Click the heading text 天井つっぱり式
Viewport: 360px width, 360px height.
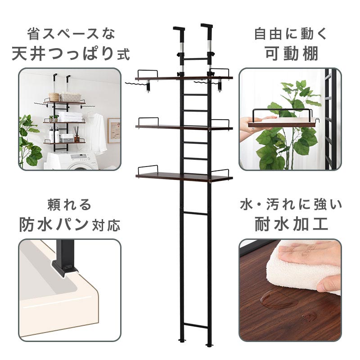[71, 54]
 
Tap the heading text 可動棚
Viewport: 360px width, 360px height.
[291, 54]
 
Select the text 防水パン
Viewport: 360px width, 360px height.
[54, 224]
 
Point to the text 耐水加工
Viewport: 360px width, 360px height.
[291, 224]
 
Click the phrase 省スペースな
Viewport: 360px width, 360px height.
[71, 34]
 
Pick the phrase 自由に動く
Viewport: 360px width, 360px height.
[291, 34]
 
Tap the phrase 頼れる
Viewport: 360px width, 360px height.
[69, 205]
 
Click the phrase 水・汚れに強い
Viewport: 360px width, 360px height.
[291, 205]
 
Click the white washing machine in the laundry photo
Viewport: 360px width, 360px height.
[73, 161]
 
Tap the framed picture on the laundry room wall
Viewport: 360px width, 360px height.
[114, 130]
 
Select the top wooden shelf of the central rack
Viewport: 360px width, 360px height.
[184, 78]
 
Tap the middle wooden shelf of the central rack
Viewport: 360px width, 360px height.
[184, 127]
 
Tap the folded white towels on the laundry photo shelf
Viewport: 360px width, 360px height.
[70, 117]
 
